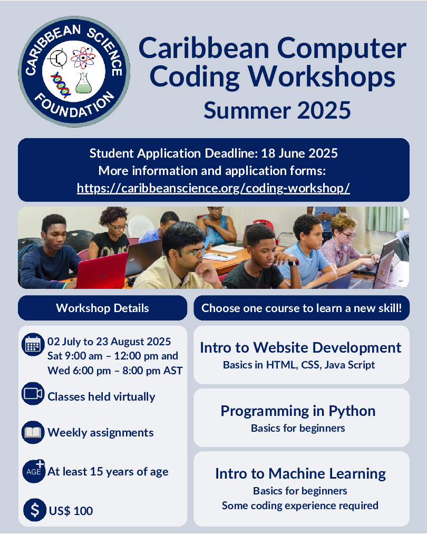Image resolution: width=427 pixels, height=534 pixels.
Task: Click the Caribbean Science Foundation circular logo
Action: (x=74, y=72)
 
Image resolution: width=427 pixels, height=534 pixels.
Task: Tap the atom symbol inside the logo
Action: (x=83, y=58)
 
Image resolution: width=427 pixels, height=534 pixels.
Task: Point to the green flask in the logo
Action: (x=83, y=83)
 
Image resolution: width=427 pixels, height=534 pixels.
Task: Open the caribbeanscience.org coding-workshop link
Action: (x=213, y=188)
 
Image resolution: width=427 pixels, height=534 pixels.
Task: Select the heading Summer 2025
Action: (x=277, y=110)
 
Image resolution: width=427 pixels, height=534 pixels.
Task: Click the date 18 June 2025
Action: (x=299, y=153)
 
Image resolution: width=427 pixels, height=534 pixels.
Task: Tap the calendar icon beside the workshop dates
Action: (x=33, y=344)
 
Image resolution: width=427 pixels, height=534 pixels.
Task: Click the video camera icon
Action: (x=33, y=393)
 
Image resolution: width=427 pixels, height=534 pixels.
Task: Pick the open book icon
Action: (x=33, y=432)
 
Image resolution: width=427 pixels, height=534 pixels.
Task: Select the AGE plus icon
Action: (x=34, y=471)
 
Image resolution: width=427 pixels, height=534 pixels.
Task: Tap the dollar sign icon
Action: (x=35, y=510)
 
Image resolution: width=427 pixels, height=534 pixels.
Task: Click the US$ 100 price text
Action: (x=71, y=511)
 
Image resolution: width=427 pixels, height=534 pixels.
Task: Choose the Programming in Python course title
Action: (x=298, y=411)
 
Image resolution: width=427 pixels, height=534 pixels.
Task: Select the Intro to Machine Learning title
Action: (x=300, y=473)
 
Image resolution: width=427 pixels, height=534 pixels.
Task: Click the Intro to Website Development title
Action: (x=300, y=347)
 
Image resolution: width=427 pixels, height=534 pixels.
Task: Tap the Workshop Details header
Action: (x=102, y=308)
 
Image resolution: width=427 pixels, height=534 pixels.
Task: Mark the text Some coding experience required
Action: (x=300, y=506)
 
